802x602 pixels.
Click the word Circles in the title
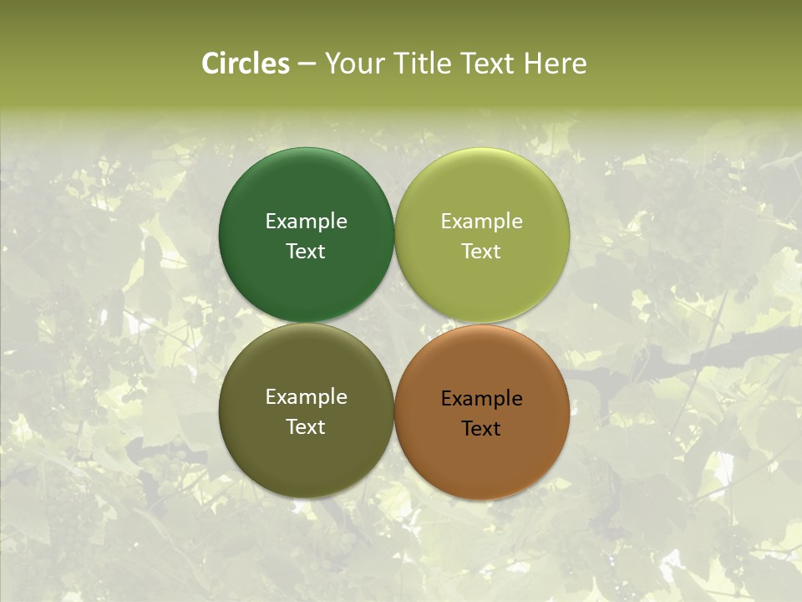(x=246, y=64)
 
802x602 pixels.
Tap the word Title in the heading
(x=423, y=64)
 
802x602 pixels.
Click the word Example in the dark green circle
(x=306, y=222)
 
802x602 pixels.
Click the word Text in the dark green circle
(x=306, y=252)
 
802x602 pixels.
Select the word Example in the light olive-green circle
(x=481, y=222)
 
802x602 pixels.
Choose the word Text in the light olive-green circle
(x=481, y=252)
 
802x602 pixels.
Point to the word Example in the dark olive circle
(x=306, y=397)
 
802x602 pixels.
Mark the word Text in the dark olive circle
(x=306, y=427)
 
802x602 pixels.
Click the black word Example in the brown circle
(x=481, y=399)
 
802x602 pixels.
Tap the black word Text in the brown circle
(x=481, y=429)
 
